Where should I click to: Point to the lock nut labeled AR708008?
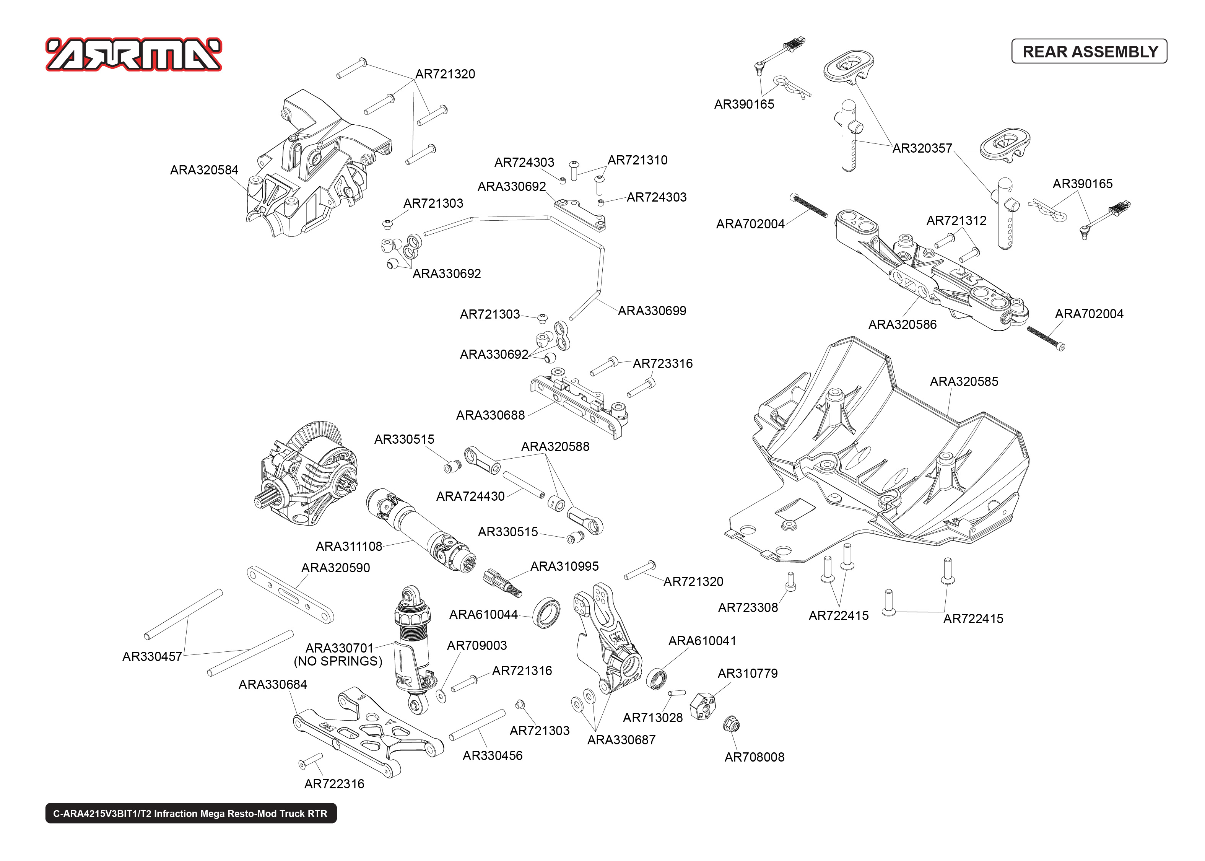coord(731,724)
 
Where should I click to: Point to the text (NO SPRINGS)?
coord(338,661)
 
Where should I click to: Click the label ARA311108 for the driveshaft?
coord(349,547)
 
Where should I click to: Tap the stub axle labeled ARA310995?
coord(502,582)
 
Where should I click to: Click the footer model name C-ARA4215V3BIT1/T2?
coord(190,813)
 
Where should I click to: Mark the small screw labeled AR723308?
coord(790,582)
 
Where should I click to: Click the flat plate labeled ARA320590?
coord(290,595)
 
